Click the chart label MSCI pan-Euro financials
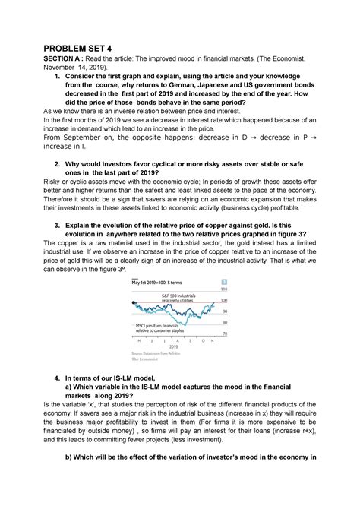[166, 325]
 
